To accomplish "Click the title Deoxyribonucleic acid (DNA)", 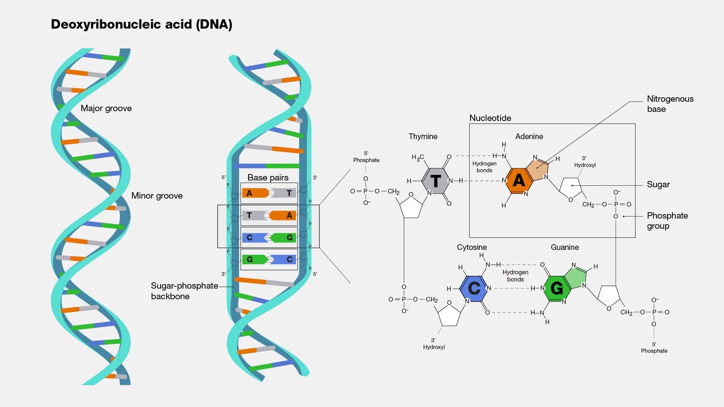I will [141, 24].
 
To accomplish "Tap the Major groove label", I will [106, 108].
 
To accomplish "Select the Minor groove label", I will [157, 196].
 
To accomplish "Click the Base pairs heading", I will [268, 178].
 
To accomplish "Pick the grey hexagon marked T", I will [435, 181].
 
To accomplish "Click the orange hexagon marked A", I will [519, 180].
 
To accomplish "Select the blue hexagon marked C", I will [474, 288].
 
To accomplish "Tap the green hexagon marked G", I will [557, 288].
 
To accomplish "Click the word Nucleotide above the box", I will [490, 118].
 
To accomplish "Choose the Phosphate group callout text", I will [667, 221].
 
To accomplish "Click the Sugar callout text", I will [658, 185].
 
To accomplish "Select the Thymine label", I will [423, 137].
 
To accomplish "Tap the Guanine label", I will [564, 247].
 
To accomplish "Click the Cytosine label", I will [472, 247].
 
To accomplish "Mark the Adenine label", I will [529, 137].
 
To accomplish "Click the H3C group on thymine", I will [417, 157].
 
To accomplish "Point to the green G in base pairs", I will [250, 260].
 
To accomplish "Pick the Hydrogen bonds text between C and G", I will [515, 276].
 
